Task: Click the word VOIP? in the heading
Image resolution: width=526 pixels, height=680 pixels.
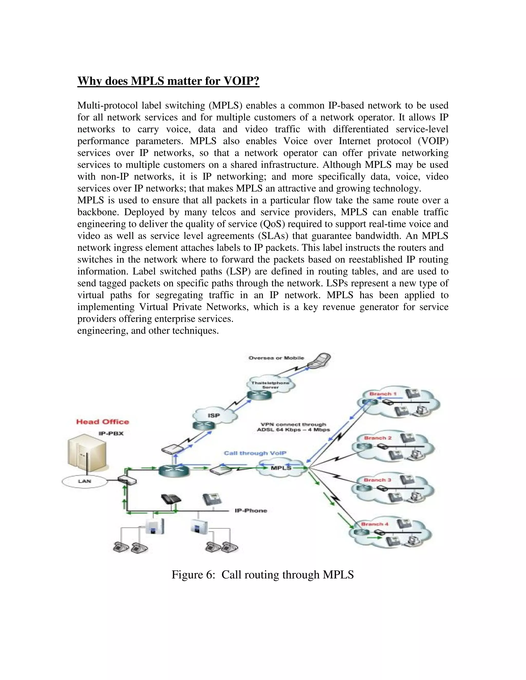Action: pos(241,81)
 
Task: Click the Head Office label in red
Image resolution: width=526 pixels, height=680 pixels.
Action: pos(102,422)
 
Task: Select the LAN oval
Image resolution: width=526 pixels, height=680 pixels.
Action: pos(84,481)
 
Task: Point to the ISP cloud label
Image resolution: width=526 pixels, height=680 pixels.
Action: pos(214,415)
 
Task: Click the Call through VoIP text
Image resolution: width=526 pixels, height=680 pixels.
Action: pos(255,453)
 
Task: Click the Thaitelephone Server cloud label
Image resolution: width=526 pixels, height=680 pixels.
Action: pos(270,385)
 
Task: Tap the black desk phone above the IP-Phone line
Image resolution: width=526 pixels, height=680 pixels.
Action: pos(171,499)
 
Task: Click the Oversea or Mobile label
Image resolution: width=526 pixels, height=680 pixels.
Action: pos(276,358)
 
